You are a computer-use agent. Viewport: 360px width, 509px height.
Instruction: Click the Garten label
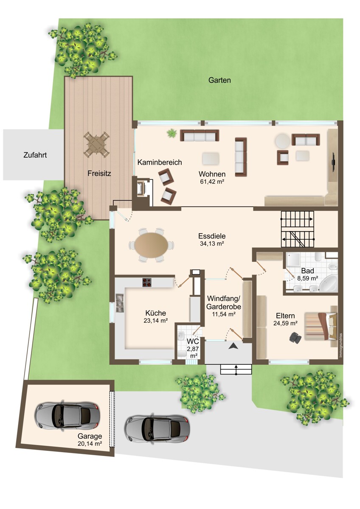[219, 80]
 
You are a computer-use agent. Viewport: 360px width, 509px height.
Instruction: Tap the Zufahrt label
[35, 155]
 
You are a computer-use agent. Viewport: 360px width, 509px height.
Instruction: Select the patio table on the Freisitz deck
[96, 144]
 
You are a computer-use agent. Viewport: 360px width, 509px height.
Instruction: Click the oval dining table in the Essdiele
[151, 246]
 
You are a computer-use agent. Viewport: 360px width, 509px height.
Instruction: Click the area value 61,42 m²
[212, 182]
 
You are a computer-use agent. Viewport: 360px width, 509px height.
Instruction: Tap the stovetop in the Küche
[147, 282]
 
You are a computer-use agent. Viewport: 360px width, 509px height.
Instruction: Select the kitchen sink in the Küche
[120, 303]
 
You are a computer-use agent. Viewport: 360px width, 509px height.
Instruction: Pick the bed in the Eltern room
[320, 326]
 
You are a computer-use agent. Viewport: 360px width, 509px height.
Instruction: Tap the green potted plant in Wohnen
[172, 133]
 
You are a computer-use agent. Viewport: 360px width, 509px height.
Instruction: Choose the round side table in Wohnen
[282, 141]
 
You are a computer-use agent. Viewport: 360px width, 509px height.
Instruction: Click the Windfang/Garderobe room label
[224, 302]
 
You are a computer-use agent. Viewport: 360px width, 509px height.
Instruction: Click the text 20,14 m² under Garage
[90, 443]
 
